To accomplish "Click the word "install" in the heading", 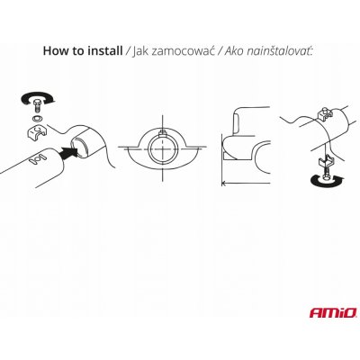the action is click(105, 50).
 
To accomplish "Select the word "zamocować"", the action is click(183, 51).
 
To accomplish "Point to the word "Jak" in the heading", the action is click(140, 51).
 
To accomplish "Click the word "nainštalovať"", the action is click(280, 51).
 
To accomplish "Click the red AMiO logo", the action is click(332, 313).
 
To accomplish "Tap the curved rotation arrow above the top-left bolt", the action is click(38, 96).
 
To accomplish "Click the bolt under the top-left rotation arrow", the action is click(38, 105).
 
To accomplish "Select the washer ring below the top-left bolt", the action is click(37, 118).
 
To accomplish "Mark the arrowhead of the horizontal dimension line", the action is click(223, 183).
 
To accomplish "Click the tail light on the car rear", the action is click(237, 122).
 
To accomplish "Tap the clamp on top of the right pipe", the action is click(325, 113).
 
